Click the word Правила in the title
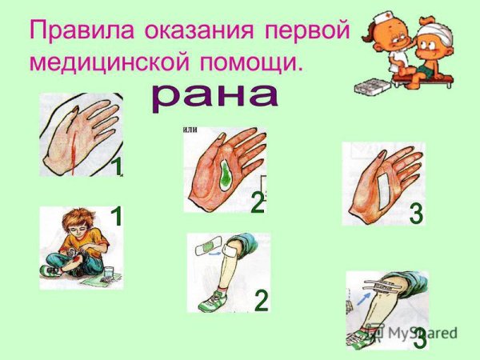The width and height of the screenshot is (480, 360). pos(82,30)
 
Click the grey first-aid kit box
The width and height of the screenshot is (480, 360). pos(372,86)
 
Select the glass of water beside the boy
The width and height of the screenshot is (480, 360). pos(110,272)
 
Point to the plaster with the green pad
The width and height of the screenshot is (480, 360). pos(206,246)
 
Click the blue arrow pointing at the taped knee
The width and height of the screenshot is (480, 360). pos(364,298)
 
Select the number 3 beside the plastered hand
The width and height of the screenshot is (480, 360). pos(416,214)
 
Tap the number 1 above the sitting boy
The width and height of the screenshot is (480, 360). pos(117,216)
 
